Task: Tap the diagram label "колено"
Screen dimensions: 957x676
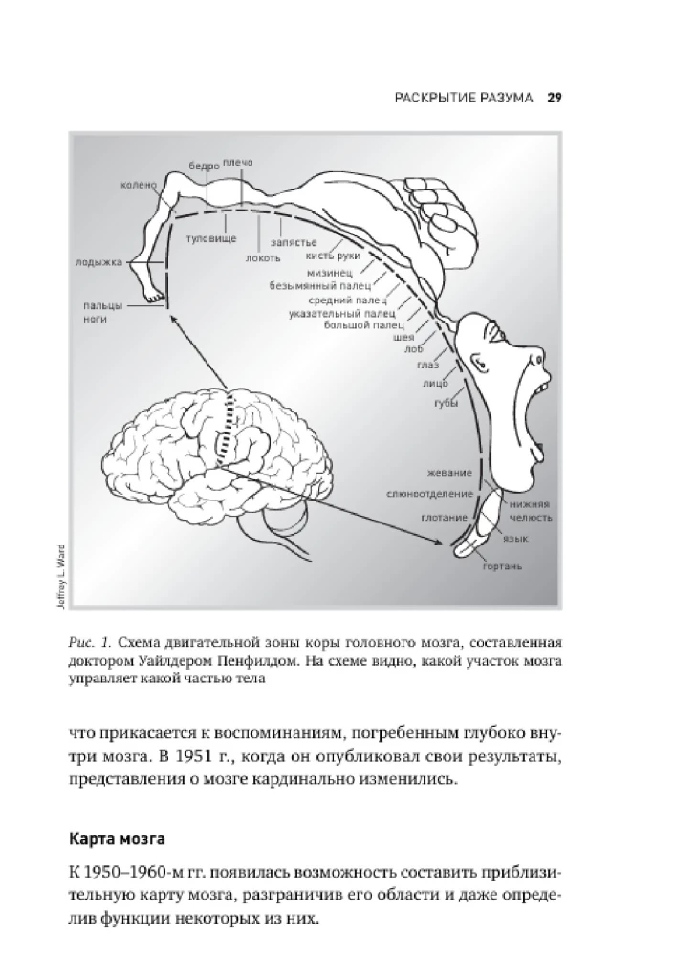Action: pyautogui.click(x=139, y=185)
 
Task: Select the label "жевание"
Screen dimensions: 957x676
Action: pyautogui.click(x=450, y=475)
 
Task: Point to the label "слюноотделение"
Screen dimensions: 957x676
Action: pyautogui.click(x=429, y=494)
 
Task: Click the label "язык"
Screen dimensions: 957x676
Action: pyautogui.click(x=516, y=540)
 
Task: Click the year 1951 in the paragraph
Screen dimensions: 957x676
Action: pyautogui.click(x=199, y=759)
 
